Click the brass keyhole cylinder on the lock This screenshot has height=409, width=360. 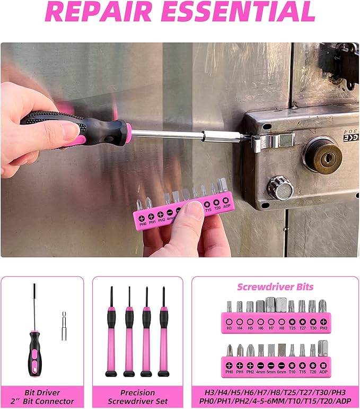coord(322,155)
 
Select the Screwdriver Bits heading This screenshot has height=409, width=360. coord(275,287)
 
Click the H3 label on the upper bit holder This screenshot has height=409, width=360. coord(229,329)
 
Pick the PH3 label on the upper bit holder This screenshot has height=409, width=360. coord(323,329)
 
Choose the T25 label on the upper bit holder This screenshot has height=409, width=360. coord(292,329)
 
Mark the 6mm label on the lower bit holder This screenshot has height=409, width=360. coord(281,372)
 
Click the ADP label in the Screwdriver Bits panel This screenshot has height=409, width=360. coord(323,372)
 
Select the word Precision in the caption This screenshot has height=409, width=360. coord(137,393)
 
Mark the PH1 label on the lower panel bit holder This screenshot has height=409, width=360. coord(240,372)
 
